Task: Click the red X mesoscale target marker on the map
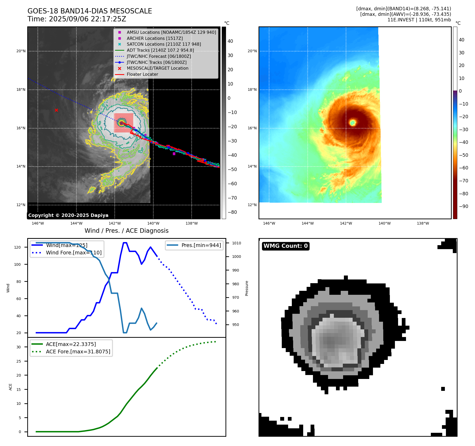56,110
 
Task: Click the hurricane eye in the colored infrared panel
352,122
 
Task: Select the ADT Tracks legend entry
160,50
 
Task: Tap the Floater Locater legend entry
142,74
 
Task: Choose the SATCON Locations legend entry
164,44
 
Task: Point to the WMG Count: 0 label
285,246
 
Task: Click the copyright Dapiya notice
68,215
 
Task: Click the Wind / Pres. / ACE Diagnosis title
126,231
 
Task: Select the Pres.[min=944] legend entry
201,245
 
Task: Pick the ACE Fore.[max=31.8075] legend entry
78,352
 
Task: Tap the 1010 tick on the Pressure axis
237,243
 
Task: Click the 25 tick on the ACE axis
19,361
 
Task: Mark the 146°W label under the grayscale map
38,223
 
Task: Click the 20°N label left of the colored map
252,51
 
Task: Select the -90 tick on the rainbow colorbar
463,206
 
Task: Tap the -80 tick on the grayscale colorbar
232,212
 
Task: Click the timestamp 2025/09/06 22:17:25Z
87,19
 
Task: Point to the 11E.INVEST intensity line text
419,20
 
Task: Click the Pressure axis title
247,288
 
